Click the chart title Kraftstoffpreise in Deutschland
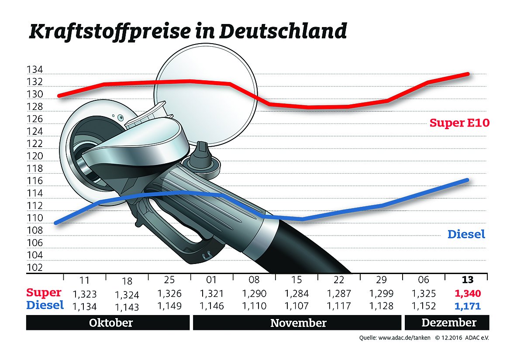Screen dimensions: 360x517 [188, 32]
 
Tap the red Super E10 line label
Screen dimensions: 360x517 [459, 123]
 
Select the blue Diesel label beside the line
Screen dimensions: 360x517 [466, 234]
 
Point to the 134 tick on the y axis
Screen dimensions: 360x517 [34, 70]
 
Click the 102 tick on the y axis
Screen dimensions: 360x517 [34, 267]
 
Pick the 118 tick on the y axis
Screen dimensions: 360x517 [34, 168]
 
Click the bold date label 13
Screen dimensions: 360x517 [466, 280]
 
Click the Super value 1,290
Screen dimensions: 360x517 [254, 293]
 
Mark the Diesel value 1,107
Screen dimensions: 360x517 [296, 306]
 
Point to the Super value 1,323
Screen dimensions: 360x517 [84, 293]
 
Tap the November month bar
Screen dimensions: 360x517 [298, 323]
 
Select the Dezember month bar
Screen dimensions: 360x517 [448, 323]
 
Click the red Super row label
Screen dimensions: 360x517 [44, 292]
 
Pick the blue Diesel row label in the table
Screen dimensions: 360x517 [45, 305]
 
